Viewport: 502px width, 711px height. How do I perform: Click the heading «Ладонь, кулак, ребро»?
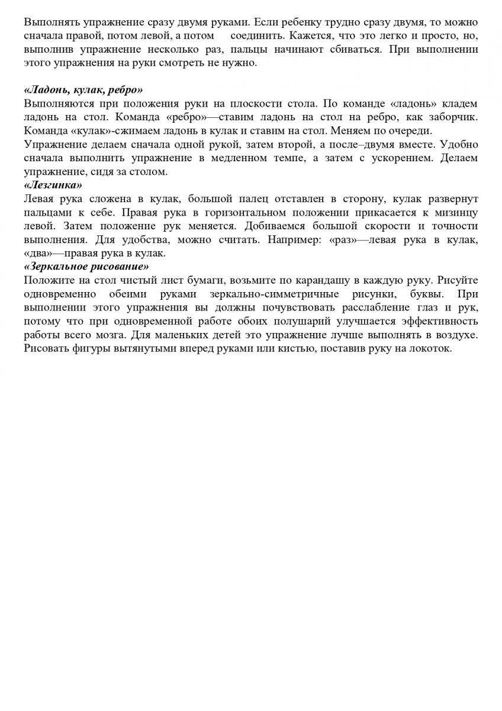point(83,90)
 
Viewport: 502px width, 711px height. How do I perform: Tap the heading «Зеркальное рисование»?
point(86,266)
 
